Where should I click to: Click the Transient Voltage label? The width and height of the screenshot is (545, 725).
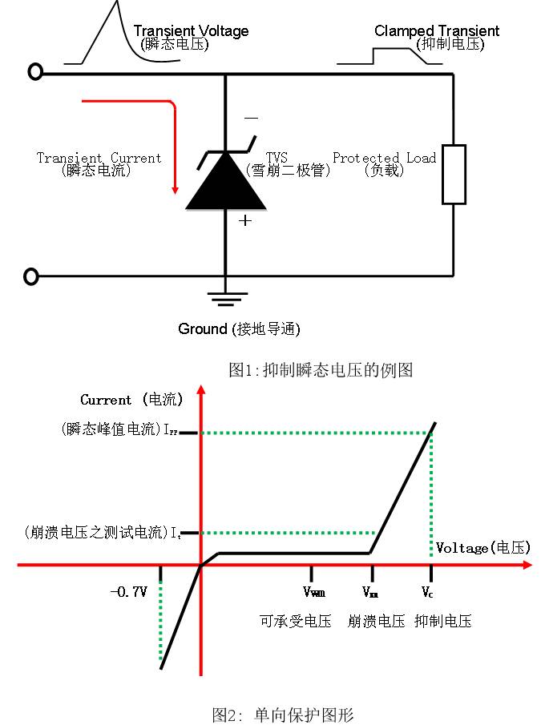[191, 31]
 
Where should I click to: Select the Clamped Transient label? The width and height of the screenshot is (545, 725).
[437, 31]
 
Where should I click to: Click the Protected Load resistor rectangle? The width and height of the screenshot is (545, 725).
[454, 175]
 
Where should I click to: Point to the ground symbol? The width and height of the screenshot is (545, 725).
[225, 300]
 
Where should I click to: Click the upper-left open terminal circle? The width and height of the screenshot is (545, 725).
[35, 73]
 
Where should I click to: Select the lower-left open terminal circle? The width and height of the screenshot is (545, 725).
[31, 277]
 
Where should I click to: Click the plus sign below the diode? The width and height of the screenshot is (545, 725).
[245, 220]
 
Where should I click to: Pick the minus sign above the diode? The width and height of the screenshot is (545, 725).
[251, 119]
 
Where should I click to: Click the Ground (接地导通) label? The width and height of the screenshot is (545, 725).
[239, 329]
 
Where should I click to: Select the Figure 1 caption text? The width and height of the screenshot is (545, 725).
[320, 370]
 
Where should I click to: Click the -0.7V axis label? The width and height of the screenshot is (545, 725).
[129, 592]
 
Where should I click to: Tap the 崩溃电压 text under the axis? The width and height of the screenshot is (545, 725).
[376, 621]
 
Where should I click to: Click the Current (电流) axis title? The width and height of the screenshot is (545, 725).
[131, 399]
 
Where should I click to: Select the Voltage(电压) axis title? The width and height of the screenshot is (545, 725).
[483, 548]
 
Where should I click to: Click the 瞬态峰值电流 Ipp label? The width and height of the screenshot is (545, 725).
[119, 429]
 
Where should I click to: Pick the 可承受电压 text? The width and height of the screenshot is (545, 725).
[295, 621]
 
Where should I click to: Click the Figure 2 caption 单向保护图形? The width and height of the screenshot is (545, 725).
[283, 714]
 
